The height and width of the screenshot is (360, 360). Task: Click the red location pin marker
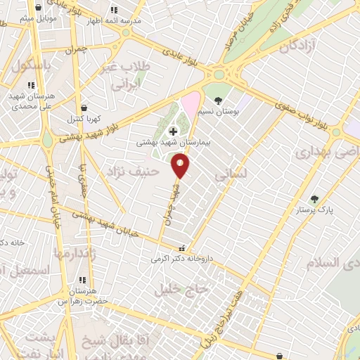coord(181,166)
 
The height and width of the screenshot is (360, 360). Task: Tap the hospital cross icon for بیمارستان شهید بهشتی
coord(173,131)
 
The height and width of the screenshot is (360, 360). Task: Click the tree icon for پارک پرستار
coord(314,199)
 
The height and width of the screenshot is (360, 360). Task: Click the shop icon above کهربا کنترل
coord(84,108)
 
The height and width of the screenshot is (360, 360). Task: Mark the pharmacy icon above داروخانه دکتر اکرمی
coord(183,247)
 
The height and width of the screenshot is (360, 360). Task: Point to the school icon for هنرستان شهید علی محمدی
coord(30,85)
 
